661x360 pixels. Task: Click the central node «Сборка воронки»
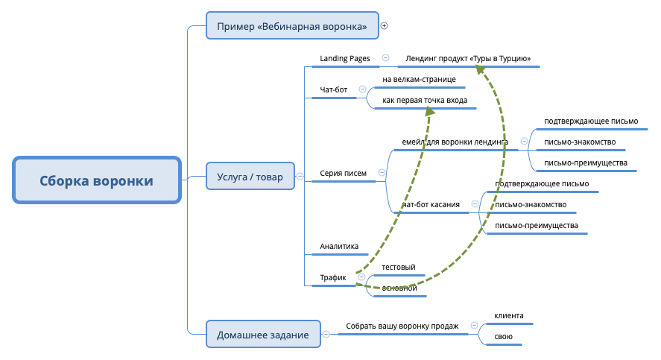pyautogui.click(x=97, y=180)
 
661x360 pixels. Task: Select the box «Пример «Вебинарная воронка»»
pyautogui.click(x=292, y=26)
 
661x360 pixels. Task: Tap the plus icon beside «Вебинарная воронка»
pyautogui.click(x=385, y=25)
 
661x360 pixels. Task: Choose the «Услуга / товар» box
pyautogui.click(x=250, y=176)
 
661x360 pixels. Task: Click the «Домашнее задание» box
pyautogui.click(x=262, y=335)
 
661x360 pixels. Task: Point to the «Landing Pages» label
pyautogui.click(x=344, y=58)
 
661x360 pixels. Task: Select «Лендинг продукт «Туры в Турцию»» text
pyautogui.click(x=468, y=59)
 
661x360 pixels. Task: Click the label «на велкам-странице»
pyautogui.click(x=418, y=79)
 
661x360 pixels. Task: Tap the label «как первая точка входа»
pyautogui.click(x=425, y=100)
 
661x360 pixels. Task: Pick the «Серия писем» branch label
pyautogui.click(x=343, y=173)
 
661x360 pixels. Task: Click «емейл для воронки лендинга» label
pyautogui.click(x=455, y=141)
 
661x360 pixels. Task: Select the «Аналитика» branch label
pyautogui.click(x=339, y=246)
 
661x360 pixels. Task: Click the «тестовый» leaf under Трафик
pyautogui.click(x=398, y=267)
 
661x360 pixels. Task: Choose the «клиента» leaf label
pyautogui.click(x=509, y=315)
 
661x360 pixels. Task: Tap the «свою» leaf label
pyautogui.click(x=503, y=338)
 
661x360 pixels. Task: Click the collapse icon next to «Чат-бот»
pyautogui.click(x=363, y=89)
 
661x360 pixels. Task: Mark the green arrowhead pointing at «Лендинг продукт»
pyautogui.click(x=481, y=69)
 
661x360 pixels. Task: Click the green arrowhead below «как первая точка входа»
pyautogui.click(x=429, y=110)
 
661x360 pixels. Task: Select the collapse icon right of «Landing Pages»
pyautogui.click(x=385, y=57)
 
